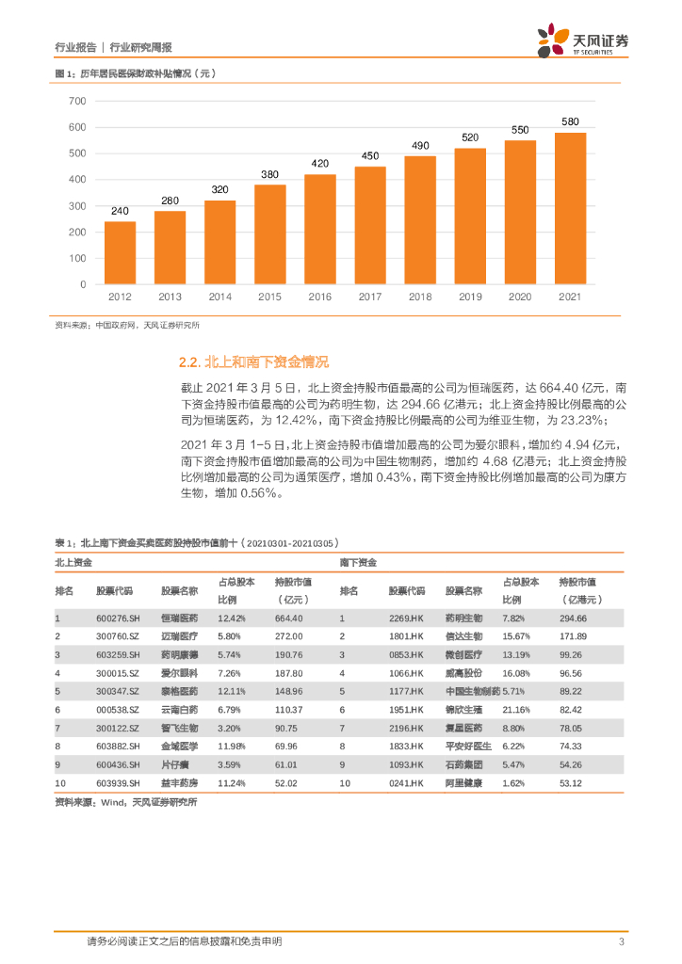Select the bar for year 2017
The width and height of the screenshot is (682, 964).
click(370, 225)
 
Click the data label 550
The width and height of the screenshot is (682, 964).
click(520, 130)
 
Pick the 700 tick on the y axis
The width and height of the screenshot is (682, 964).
click(78, 100)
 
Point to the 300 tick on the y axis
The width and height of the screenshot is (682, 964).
click(78, 205)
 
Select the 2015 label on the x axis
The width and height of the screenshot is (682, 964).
click(269, 297)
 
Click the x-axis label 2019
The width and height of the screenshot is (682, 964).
click(470, 297)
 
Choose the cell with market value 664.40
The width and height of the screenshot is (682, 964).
click(288, 618)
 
